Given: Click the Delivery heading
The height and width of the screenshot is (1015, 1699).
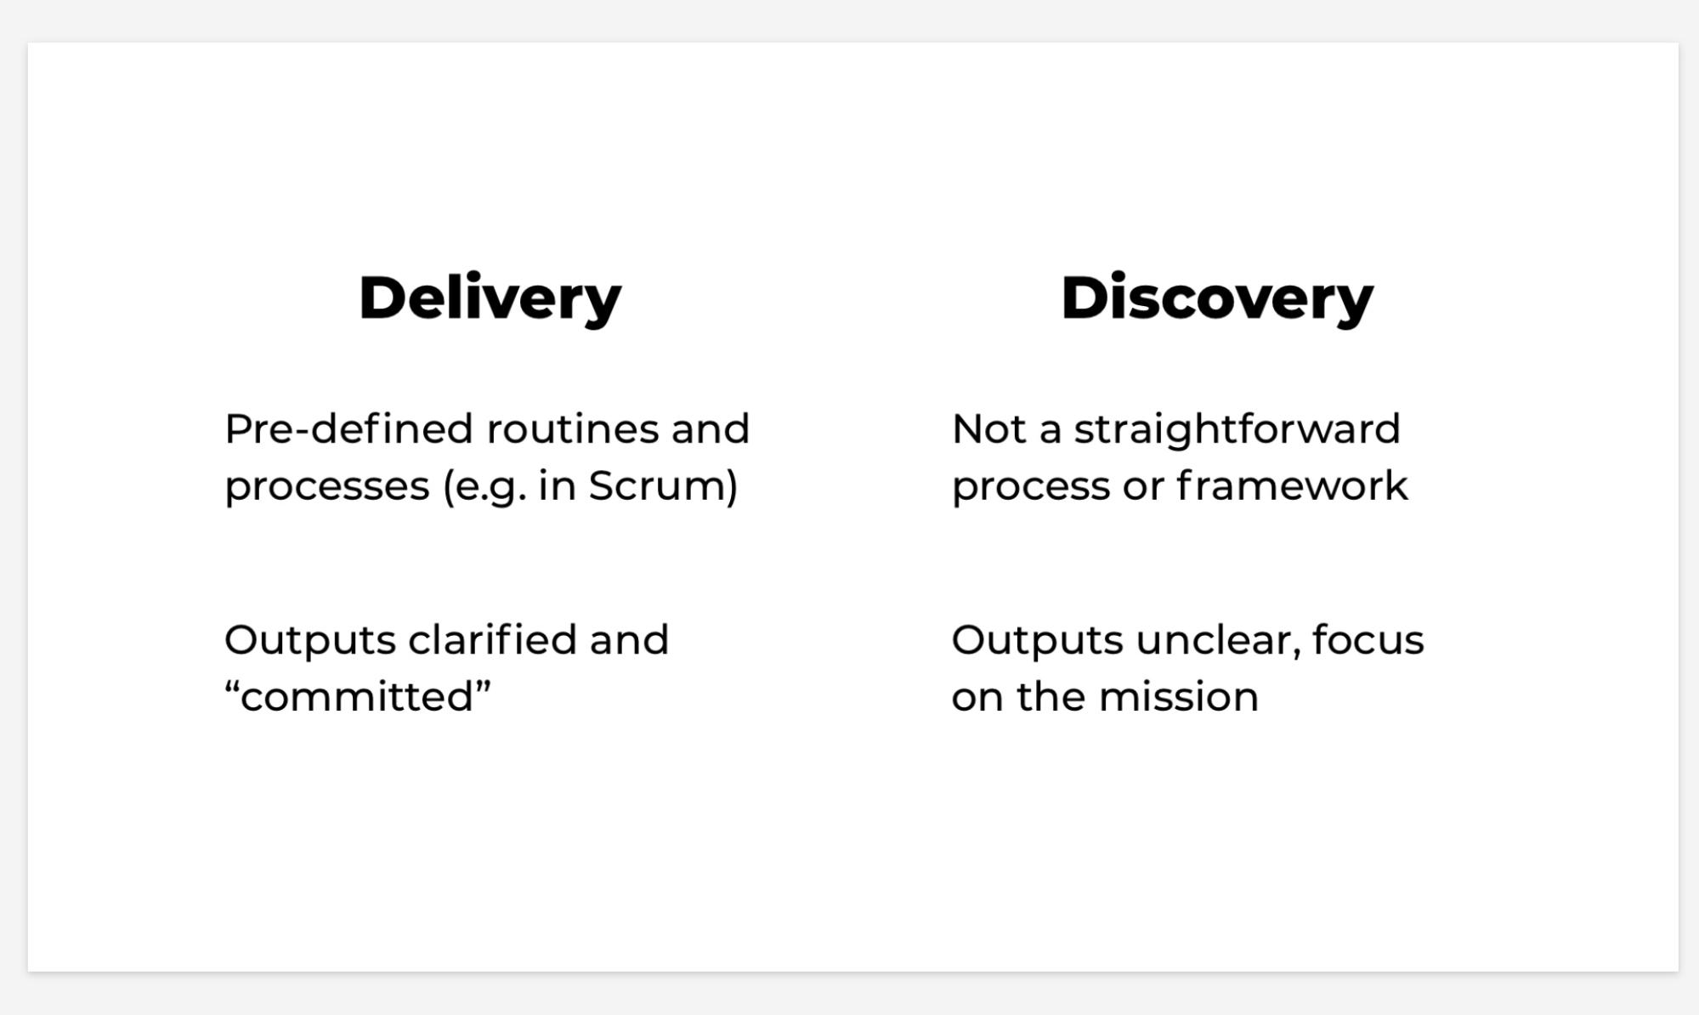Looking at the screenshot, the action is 490,299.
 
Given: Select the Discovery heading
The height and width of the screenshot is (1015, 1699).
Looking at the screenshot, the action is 1217,299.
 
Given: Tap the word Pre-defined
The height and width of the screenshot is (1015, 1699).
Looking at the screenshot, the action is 348,428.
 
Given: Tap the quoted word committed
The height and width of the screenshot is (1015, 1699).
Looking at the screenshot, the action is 358,697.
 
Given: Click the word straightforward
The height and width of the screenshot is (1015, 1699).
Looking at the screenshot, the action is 1237,428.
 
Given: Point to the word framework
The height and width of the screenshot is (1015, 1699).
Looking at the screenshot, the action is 1293,486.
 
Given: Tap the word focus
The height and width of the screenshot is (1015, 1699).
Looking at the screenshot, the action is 1368,639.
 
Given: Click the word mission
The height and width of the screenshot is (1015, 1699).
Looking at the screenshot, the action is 1179,697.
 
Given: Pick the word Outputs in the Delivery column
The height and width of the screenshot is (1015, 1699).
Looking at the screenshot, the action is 310,640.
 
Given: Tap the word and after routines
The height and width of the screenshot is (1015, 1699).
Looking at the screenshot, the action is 711,428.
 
